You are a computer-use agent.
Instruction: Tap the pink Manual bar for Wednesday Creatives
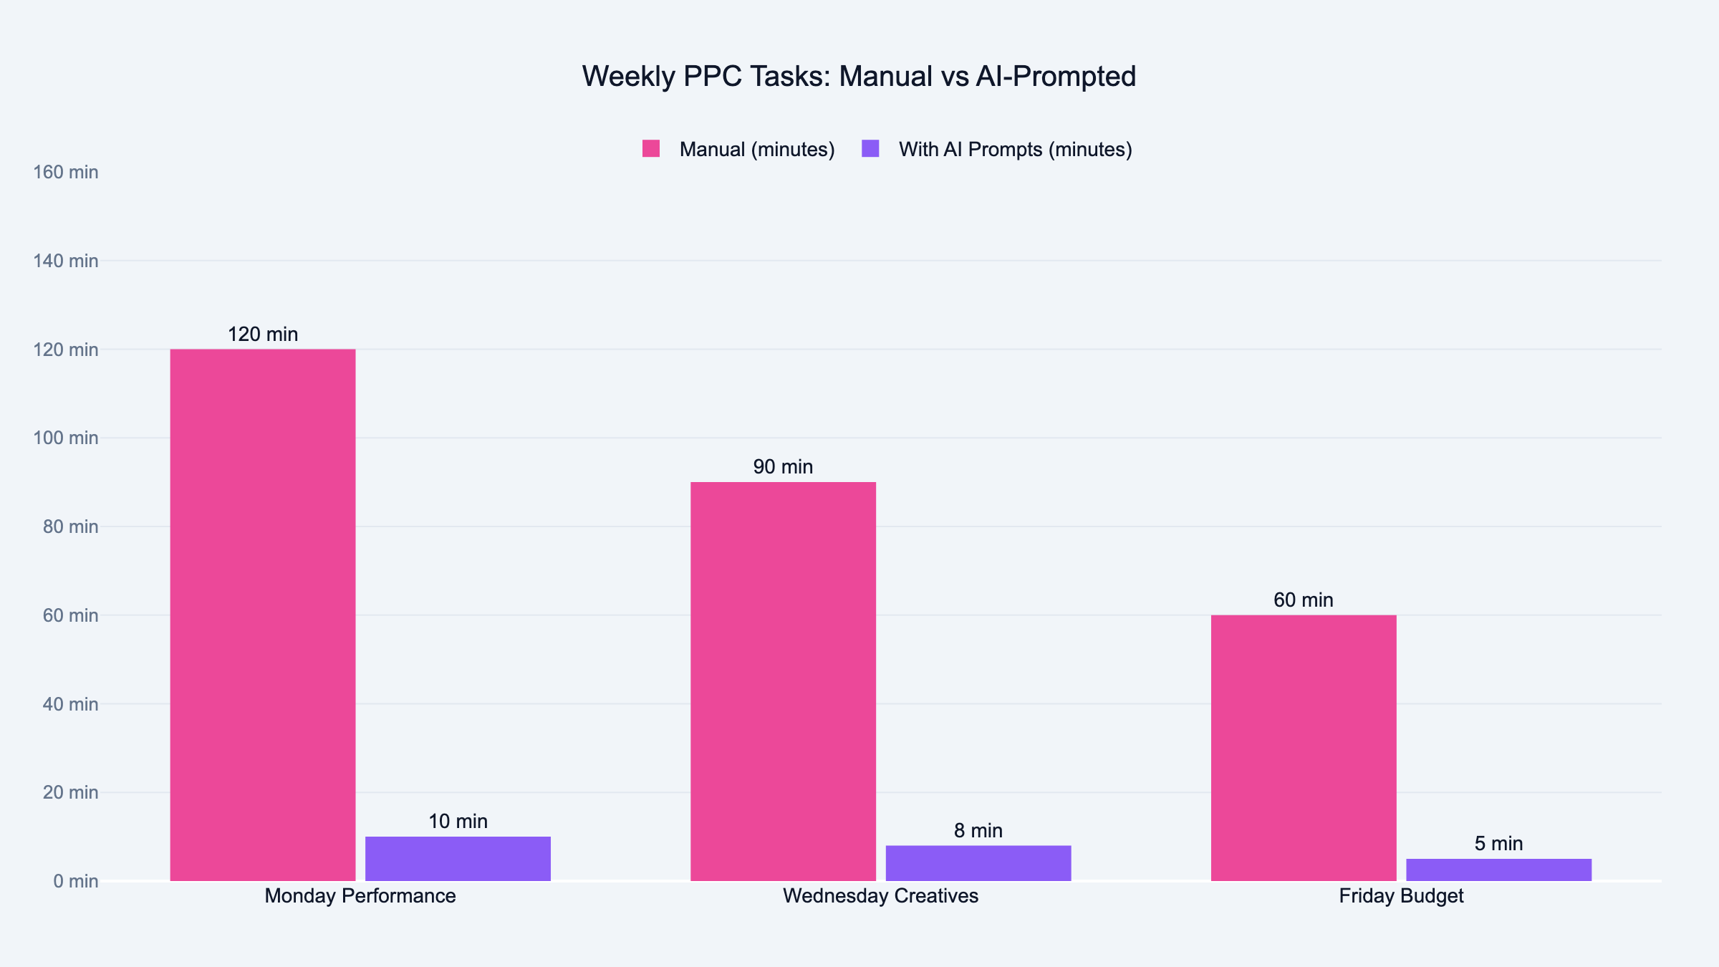[x=783, y=680]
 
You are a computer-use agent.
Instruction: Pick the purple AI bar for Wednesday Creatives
[x=978, y=863]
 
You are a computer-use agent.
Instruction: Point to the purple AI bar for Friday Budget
[x=1498, y=870]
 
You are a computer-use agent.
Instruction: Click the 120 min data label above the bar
[x=263, y=335]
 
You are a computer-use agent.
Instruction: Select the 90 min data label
[x=783, y=467]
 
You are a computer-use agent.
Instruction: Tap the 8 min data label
[x=978, y=831]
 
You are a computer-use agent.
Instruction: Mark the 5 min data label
[x=1498, y=844]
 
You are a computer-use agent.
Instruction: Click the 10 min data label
[x=458, y=822]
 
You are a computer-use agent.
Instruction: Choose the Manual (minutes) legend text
[x=757, y=149]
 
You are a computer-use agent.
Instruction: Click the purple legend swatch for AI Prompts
[x=870, y=149]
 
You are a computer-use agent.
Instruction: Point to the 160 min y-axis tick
[x=66, y=173]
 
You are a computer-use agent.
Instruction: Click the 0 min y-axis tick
[x=75, y=881]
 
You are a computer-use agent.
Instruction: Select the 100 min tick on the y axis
[x=66, y=438]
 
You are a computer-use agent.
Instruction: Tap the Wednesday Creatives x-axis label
[x=880, y=896]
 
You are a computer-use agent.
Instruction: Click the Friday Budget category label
[x=1401, y=896]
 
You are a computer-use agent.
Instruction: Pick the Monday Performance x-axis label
[x=360, y=896]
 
